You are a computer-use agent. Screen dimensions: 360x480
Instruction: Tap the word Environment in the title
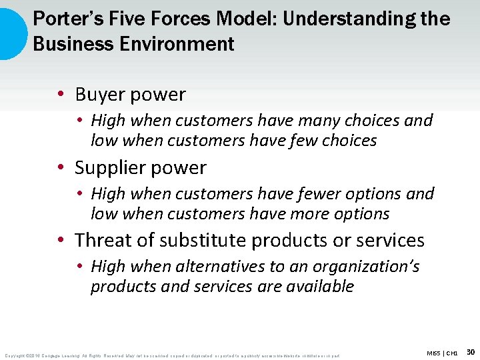pos(167,44)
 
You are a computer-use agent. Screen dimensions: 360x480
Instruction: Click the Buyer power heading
pos(130,95)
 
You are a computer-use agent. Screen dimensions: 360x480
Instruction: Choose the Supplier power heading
pos(141,167)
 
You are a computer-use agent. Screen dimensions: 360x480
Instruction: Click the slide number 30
pos(471,351)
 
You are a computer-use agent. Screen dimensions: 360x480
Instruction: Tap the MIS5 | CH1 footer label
pos(443,352)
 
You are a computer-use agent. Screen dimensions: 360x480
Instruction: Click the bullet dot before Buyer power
pos(61,95)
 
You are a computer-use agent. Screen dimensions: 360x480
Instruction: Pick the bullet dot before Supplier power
pos(61,168)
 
